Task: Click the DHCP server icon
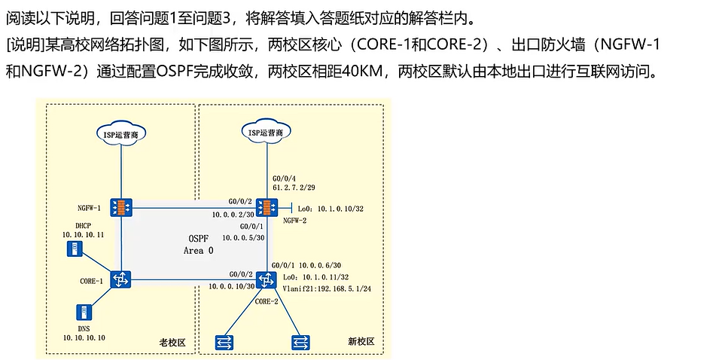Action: coord(75,249)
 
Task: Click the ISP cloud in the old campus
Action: coord(120,133)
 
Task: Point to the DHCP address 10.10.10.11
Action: coord(83,235)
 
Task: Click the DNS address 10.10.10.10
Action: coord(84,337)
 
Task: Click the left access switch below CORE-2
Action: coord(223,340)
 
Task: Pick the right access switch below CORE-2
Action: coord(300,340)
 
